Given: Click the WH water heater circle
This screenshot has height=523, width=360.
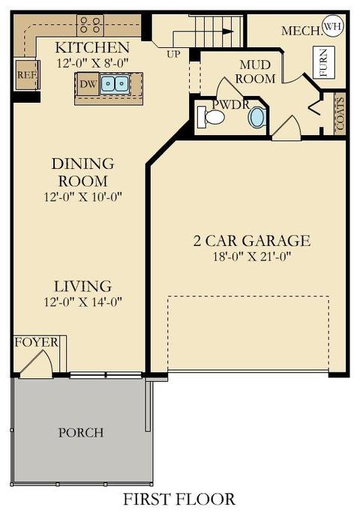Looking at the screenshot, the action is tap(333, 26).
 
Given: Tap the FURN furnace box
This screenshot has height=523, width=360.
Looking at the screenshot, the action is tap(324, 62).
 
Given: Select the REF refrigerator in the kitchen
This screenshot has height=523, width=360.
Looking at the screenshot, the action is tap(27, 75).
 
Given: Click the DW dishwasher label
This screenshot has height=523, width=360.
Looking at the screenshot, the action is tap(88, 84).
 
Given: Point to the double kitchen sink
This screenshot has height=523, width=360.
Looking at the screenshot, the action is tap(115, 84).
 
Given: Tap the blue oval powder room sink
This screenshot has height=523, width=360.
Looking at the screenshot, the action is tap(257, 117).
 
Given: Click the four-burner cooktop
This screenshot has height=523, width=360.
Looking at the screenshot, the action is tap(90, 26).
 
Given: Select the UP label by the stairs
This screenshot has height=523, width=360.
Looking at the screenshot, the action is tap(173, 54).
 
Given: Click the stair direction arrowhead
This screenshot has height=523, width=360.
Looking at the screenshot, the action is tap(228, 32).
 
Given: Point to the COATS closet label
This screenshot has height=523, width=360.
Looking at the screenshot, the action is tap(340, 114).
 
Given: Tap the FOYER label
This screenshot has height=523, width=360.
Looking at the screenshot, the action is tap(36, 343).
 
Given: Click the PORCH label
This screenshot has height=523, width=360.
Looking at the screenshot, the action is tap(81, 433).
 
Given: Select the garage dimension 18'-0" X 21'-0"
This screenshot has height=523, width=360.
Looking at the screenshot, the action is tap(252, 257).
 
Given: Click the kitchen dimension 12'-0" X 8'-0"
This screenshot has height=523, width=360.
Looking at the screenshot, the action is tap(92, 63).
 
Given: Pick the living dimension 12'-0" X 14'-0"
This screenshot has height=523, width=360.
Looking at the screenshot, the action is tap(83, 302).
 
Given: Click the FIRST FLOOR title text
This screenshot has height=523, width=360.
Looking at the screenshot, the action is tap(179, 499).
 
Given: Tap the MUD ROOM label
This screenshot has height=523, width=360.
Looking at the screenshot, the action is tap(255, 72).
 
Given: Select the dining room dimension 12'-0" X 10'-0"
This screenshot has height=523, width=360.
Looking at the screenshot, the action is tap(83, 197).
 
